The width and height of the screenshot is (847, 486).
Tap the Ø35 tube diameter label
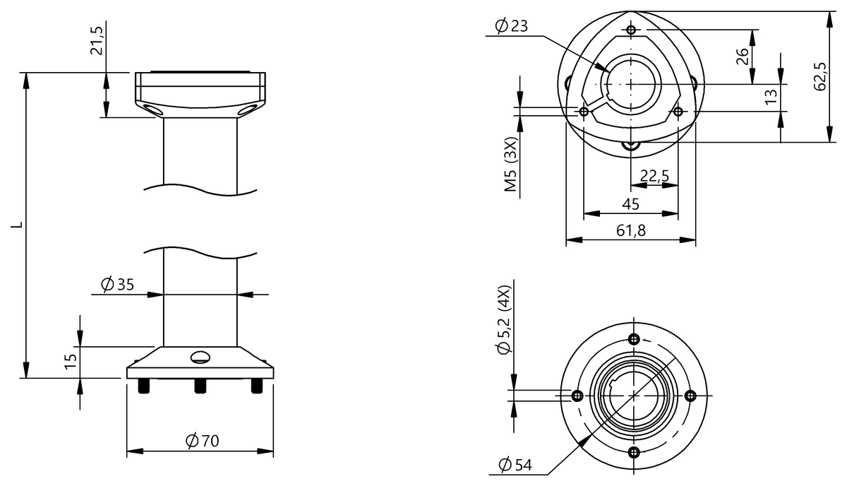117,285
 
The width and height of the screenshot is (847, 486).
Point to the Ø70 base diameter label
202,441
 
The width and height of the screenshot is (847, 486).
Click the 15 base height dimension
71,362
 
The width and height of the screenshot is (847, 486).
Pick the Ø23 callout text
512,26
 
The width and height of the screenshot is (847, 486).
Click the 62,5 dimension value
819,76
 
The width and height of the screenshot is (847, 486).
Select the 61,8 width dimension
630,230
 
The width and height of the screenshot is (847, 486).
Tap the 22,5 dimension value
654,176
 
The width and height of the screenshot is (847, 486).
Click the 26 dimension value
743,57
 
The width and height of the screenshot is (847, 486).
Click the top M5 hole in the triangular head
631,30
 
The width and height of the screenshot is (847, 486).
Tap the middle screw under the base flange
200,386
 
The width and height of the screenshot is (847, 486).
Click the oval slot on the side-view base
200,357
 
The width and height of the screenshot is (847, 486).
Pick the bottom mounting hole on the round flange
634,452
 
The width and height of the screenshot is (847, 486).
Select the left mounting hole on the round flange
577,395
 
